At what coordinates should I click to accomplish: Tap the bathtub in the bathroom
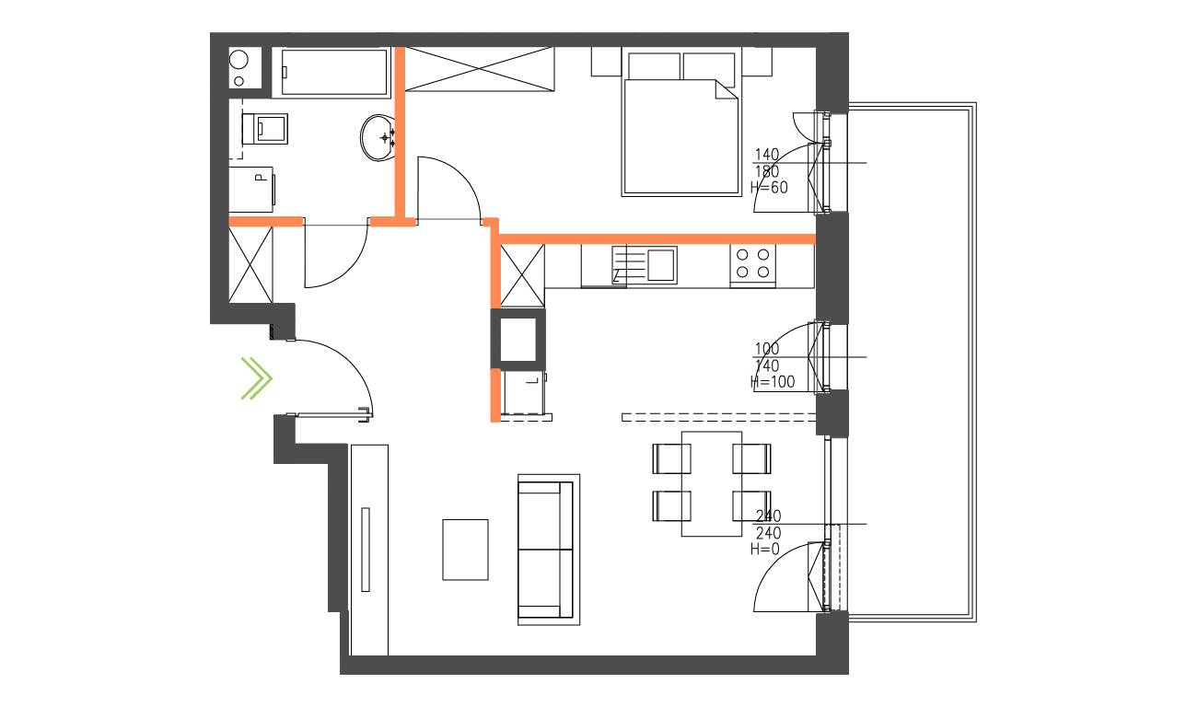coord(334,72)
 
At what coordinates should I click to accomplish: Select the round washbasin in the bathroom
coord(378,137)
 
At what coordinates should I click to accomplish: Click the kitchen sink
coord(660,264)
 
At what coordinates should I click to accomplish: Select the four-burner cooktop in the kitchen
coord(752,263)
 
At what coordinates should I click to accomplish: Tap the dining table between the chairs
coord(712,483)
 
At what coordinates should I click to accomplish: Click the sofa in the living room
coord(549,550)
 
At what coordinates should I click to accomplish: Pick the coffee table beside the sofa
coord(465,550)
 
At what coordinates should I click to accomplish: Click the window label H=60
coord(769,188)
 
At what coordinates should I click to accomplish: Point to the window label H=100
coord(772,382)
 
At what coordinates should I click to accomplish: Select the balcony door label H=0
coord(765,550)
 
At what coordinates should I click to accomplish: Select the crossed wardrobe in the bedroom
coord(481,69)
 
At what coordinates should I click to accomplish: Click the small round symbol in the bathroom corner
coord(239,61)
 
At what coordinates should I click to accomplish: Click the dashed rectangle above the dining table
coord(719,417)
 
